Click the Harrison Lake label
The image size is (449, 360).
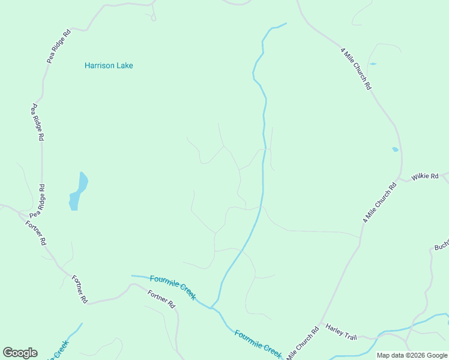pos(109,65)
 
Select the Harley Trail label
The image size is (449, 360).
pos(341,331)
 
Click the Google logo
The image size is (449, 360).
pos(20,353)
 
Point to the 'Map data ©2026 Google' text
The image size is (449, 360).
pos(412,355)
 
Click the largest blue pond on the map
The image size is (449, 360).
pos(78,191)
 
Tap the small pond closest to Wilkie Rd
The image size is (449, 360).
pos(394,149)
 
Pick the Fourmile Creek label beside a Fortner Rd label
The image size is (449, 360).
pos(173,287)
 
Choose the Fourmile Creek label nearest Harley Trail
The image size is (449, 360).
pos(258,344)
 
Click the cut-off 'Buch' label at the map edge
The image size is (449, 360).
pos(441,247)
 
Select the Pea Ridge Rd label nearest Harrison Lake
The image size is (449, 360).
pos(59,46)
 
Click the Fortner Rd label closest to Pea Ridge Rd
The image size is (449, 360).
pos(36,233)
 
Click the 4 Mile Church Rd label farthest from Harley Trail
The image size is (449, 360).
pos(357,69)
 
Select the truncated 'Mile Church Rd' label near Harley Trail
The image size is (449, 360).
pos(303,344)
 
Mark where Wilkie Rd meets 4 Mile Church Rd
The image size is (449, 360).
pos(399,179)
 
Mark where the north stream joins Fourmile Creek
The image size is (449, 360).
pos(211,308)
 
